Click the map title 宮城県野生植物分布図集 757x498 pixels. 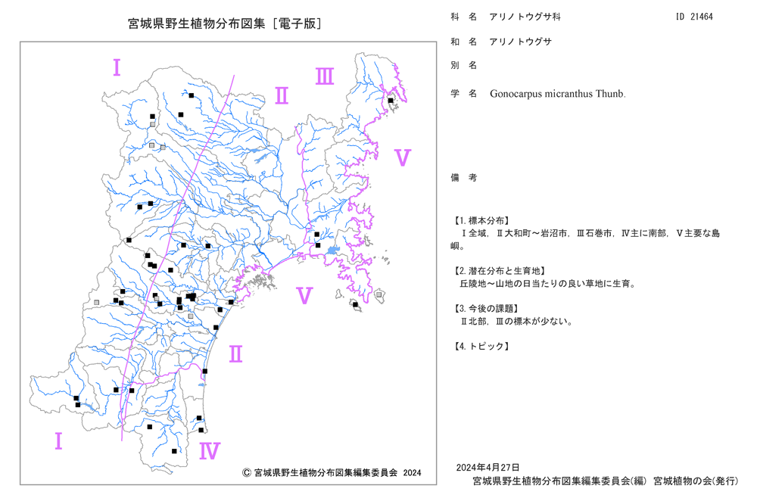click(197, 23)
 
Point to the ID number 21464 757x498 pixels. click(702, 17)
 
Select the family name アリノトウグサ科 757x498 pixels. click(525, 17)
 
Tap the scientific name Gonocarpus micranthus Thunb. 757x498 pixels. click(558, 94)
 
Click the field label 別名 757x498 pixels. click(464, 65)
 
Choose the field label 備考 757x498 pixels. click(464, 178)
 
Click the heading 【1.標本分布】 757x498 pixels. click(481, 220)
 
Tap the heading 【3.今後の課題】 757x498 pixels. click(486, 308)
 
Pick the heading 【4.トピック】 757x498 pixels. click(481, 346)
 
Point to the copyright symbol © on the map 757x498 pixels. click(246, 472)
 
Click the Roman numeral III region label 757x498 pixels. click(325, 76)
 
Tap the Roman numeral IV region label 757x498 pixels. click(210, 451)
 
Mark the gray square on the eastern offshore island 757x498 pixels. click(379, 294)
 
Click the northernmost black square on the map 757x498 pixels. click(192, 95)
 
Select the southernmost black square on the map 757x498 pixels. click(174, 451)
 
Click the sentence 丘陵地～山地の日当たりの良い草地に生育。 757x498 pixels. click(548, 284)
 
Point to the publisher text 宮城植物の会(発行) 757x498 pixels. click(696, 481)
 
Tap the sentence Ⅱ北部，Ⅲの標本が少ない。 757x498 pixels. click(516, 322)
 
